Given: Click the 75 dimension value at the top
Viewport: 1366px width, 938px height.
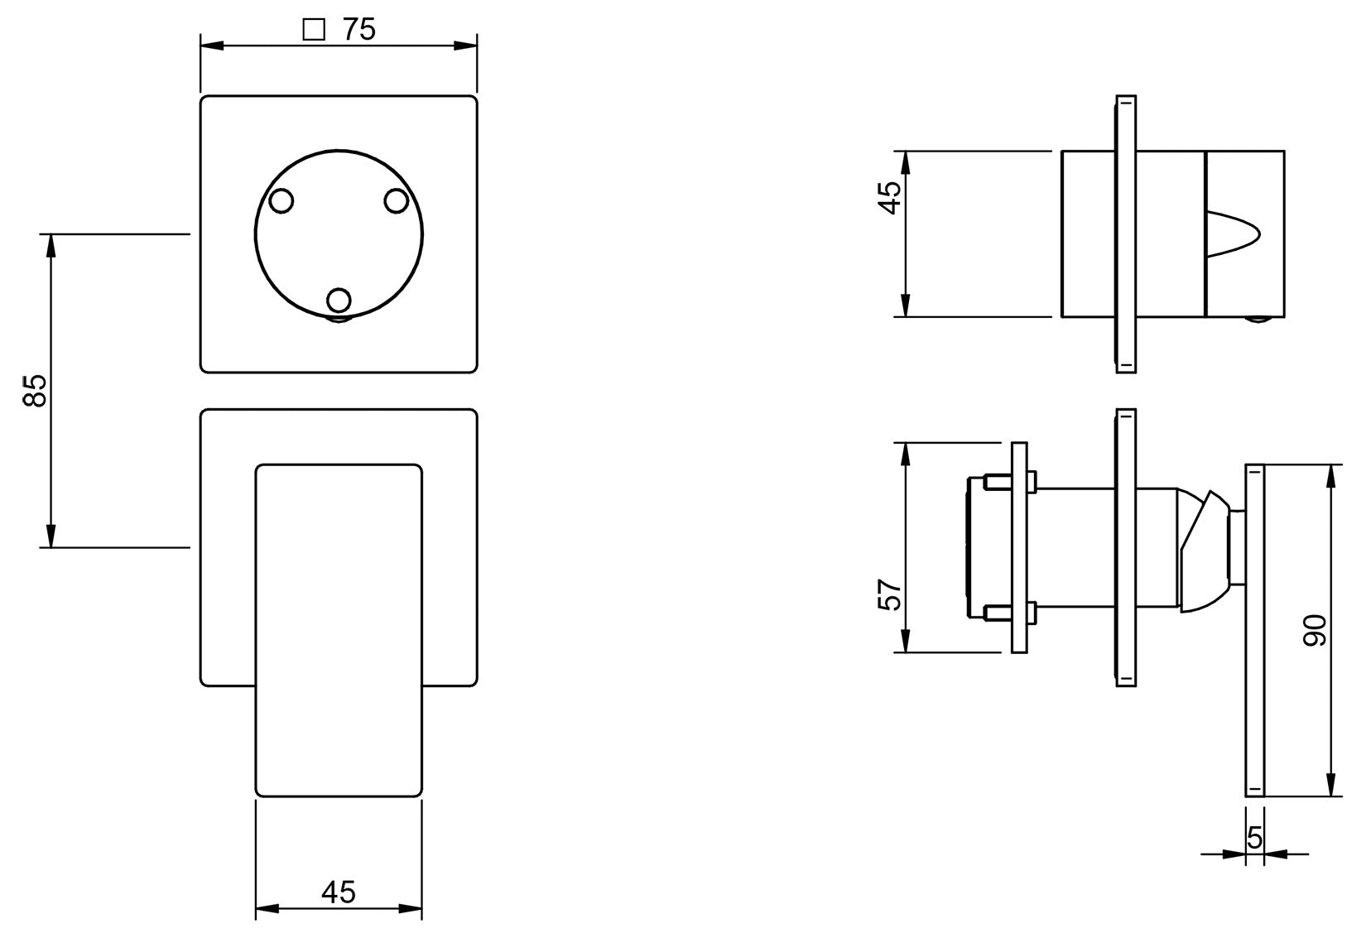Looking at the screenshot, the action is tap(359, 29).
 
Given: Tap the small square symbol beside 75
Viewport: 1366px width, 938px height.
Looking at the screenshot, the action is tap(314, 29).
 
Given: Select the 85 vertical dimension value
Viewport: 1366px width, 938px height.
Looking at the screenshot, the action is tap(35, 390).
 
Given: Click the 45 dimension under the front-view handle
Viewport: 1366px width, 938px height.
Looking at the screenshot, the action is tap(339, 892).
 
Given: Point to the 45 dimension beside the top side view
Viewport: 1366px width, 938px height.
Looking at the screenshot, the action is tap(889, 198).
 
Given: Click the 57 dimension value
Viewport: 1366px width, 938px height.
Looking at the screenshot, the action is tap(889, 594).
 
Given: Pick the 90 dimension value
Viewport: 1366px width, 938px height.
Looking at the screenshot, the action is tap(1315, 631).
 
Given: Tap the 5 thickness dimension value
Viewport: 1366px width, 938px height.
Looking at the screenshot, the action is tap(1254, 839).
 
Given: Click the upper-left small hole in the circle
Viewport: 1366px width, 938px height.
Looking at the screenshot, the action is tap(281, 201).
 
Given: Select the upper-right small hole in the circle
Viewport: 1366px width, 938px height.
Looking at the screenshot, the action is tap(397, 201).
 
